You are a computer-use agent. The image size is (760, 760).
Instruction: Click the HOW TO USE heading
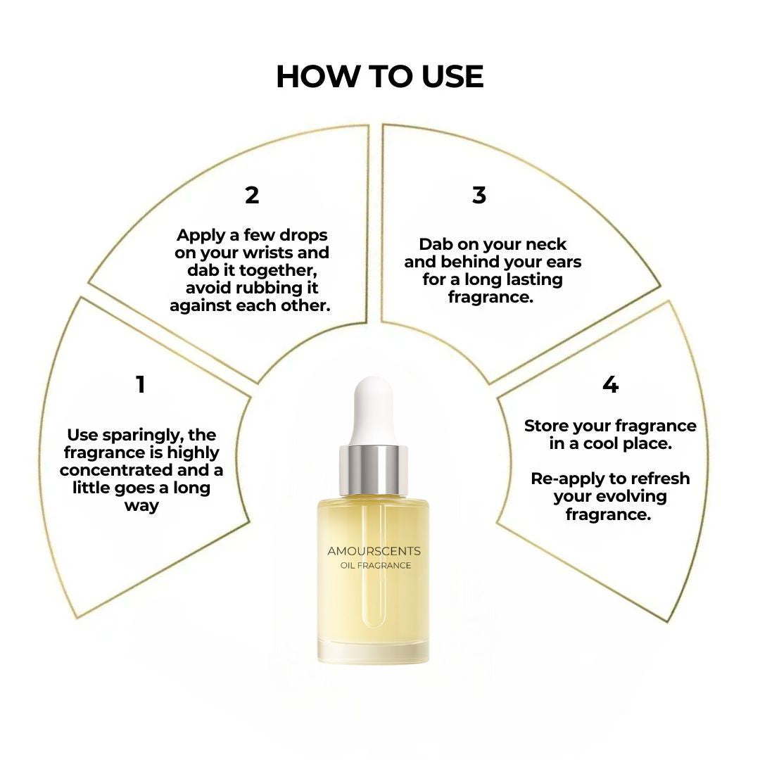pyautogui.click(x=379, y=77)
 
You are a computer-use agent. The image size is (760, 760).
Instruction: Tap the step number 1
pyautogui.click(x=141, y=385)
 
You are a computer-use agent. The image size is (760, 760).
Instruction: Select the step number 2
pyautogui.click(x=252, y=195)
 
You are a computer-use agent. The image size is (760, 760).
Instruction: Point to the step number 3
pyautogui.click(x=479, y=195)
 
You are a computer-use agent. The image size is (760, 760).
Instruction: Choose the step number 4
pyautogui.click(x=610, y=385)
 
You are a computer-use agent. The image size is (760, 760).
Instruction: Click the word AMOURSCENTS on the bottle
pyautogui.click(x=374, y=551)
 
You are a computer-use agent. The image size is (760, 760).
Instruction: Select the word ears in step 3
pyautogui.click(x=563, y=262)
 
